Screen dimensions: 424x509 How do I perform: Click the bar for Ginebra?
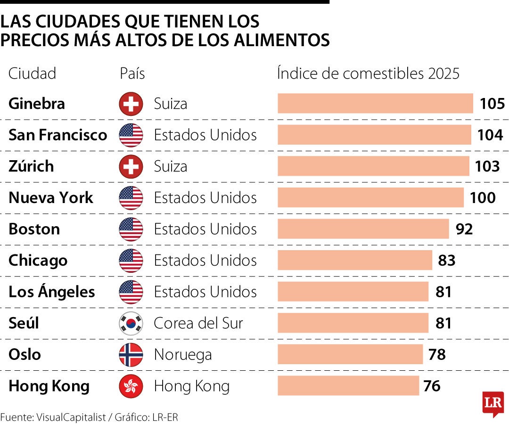(375, 104)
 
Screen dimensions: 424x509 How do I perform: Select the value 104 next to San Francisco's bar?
(490, 135)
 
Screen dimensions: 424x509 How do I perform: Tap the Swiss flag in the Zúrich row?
(131, 166)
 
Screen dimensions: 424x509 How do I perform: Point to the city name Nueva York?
(51, 198)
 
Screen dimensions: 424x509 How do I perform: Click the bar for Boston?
(363, 229)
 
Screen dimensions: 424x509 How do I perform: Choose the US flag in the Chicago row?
(131, 261)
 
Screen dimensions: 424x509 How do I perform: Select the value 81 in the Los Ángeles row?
(443, 292)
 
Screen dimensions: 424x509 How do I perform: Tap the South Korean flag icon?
(131, 323)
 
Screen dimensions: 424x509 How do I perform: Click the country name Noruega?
(183, 355)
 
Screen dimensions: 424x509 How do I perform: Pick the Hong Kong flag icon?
(131, 386)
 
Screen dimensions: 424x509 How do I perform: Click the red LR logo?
(493, 403)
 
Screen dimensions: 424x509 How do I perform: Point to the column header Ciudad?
(33, 73)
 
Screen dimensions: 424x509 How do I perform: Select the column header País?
(132, 73)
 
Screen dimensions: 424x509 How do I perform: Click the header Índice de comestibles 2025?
(368, 73)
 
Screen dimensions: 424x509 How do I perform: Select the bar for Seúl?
(353, 323)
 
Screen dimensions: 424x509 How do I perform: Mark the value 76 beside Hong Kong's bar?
(432, 386)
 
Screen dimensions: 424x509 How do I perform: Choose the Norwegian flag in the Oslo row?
(131, 355)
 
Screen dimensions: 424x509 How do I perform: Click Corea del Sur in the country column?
(198, 323)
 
